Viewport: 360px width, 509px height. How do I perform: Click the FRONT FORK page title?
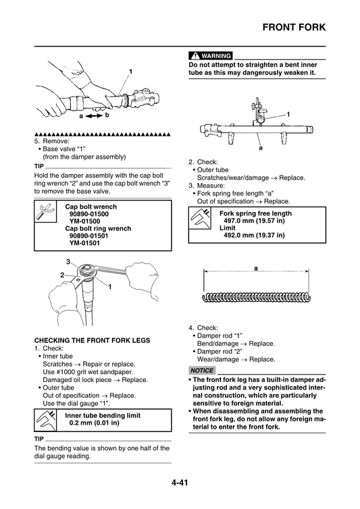[293, 28]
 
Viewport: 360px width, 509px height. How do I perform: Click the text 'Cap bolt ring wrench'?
[98, 228]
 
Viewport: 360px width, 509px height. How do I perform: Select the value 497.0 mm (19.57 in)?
[253, 221]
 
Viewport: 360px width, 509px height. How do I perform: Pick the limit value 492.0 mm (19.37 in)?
[253, 236]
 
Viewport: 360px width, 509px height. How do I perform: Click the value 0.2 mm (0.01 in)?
[95, 423]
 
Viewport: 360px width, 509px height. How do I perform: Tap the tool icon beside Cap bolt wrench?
[45, 215]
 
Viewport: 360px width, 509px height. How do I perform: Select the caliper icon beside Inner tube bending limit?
[45, 419]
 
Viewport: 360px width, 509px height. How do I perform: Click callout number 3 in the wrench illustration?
[68, 261]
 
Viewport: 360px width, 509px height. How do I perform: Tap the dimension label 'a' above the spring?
[256, 269]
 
